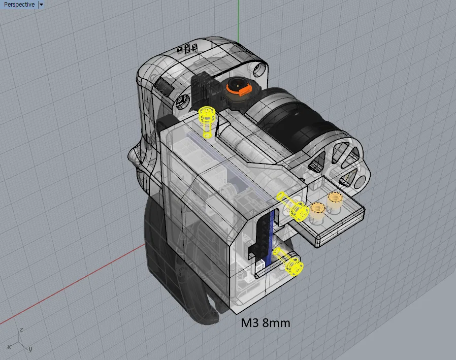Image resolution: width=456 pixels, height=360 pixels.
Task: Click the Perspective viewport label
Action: pyautogui.click(x=19, y=5)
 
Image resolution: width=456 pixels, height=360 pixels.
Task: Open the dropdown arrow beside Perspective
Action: pyautogui.click(x=41, y=5)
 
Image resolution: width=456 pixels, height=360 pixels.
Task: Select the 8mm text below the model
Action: pyautogui.click(x=276, y=323)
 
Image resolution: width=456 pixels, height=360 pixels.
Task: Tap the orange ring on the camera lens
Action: pyautogui.click(x=239, y=89)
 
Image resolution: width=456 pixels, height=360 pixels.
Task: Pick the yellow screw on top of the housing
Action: pyautogui.click(x=207, y=121)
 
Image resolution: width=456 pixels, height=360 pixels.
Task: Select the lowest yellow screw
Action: pyautogui.click(x=288, y=261)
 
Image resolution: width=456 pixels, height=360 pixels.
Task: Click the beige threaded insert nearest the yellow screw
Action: pyautogui.click(x=317, y=210)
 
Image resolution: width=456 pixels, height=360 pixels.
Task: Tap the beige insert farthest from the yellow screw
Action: pyautogui.click(x=335, y=200)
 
